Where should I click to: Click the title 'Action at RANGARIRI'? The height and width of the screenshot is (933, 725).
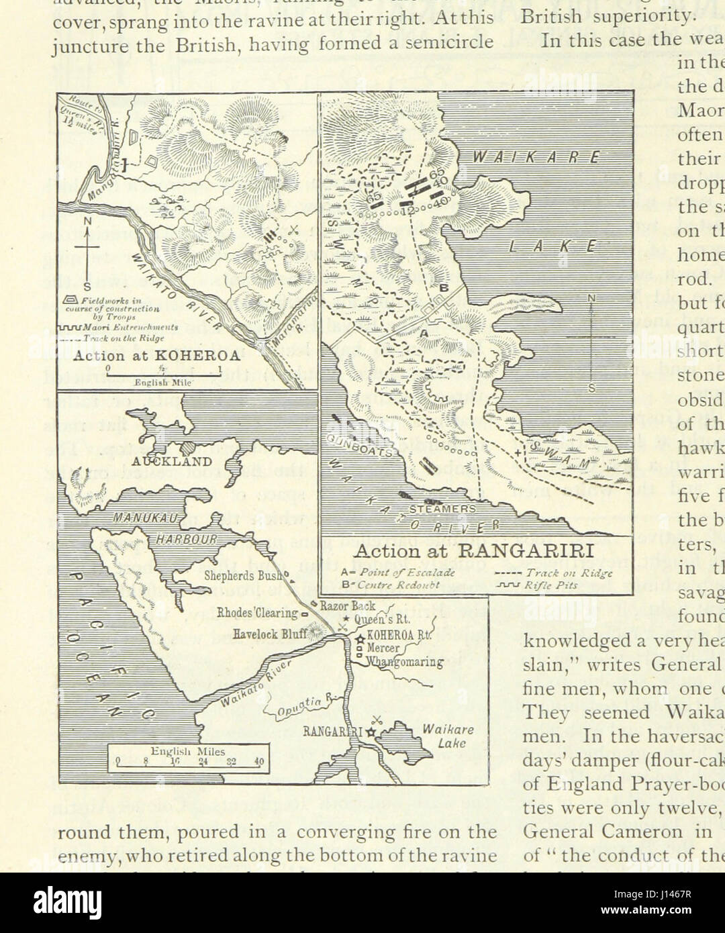pos(473,551)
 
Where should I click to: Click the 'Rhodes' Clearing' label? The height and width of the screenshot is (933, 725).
pos(257,611)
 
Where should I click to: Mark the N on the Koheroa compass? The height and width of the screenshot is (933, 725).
pos(88,221)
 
